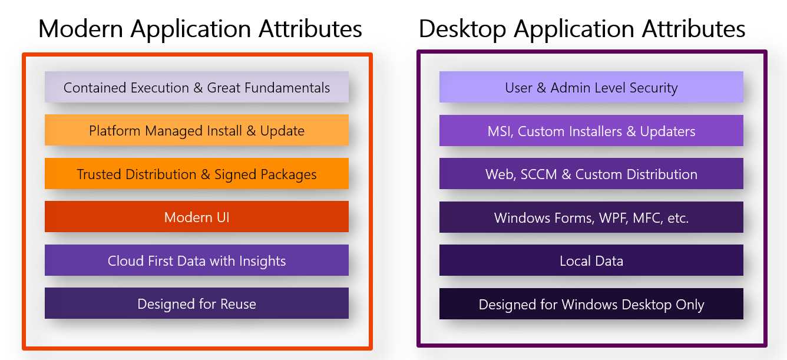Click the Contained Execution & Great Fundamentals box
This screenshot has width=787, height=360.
[x=197, y=87]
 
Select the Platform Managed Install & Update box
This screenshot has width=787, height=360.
[x=197, y=130]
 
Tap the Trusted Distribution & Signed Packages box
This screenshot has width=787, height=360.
[x=197, y=174]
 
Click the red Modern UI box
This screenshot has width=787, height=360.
[x=197, y=217]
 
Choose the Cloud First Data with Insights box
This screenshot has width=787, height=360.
[x=197, y=260]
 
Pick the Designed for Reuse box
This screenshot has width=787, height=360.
[x=197, y=303]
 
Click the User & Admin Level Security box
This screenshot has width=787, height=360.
[x=591, y=88]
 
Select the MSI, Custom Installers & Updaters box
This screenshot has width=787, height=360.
[x=591, y=131]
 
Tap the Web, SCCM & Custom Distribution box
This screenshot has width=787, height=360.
[x=591, y=174]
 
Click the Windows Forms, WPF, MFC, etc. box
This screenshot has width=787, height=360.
[x=591, y=217]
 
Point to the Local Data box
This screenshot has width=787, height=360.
[x=591, y=260]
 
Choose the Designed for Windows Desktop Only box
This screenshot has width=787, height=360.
[x=591, y=304]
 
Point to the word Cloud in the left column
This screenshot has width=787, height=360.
[x=123, y=260]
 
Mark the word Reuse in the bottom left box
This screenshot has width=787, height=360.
[x=238, y=304]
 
